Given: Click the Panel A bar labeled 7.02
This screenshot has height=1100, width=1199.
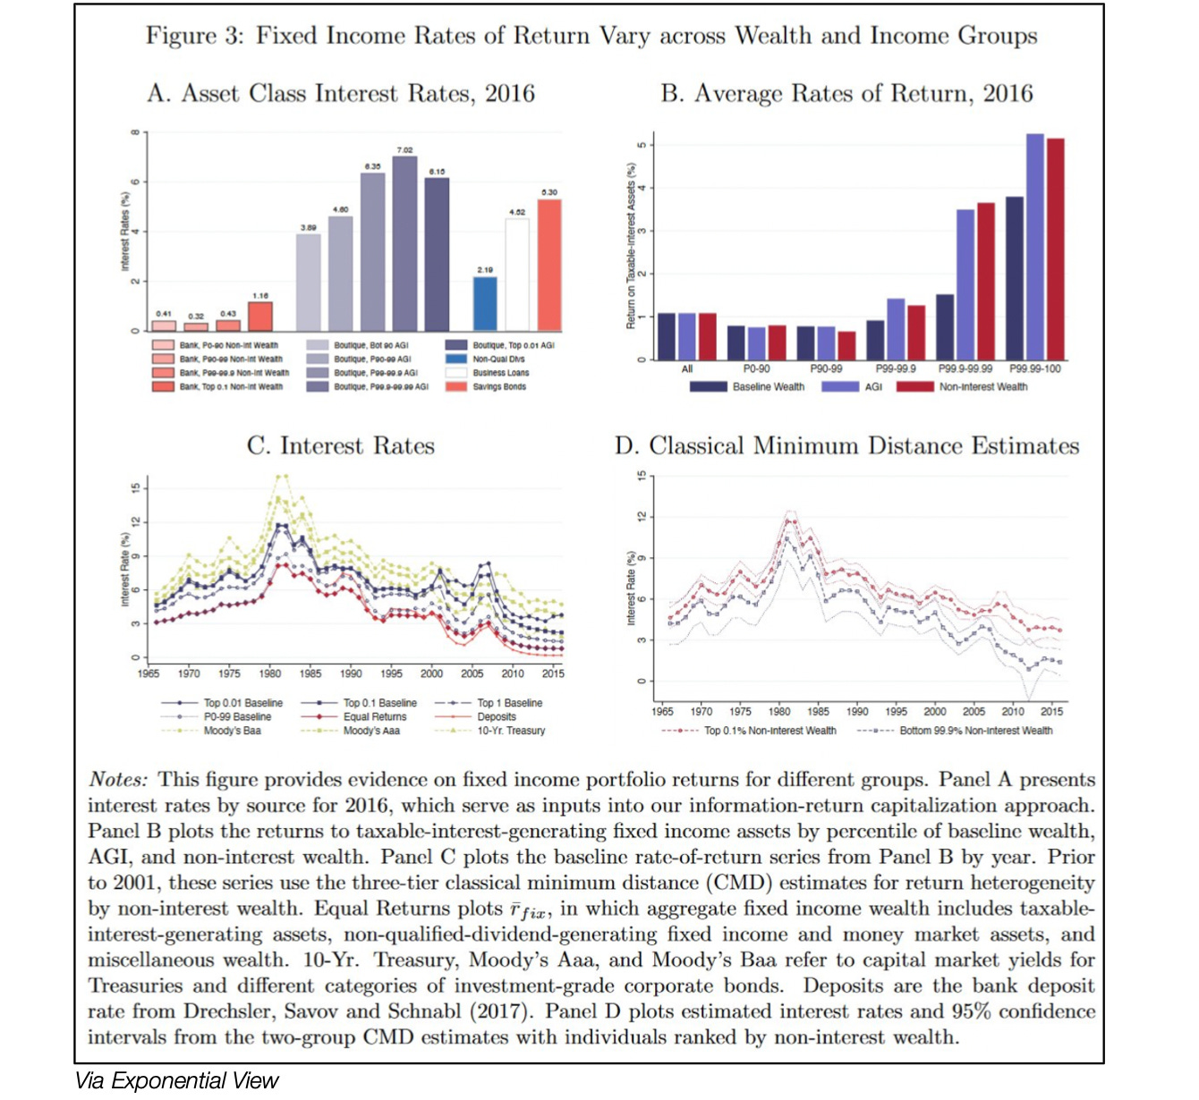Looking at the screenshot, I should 404,243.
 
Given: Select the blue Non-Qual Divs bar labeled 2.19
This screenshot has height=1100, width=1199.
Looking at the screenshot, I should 485,304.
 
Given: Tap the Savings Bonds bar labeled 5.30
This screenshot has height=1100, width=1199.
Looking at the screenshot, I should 549,265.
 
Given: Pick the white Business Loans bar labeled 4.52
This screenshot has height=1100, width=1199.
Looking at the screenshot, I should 517,275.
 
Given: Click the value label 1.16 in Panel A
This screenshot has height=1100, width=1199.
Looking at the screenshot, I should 260,295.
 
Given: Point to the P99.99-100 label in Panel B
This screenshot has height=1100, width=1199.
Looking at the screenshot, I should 1034,368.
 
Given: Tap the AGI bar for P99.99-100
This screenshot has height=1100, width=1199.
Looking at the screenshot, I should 1034,247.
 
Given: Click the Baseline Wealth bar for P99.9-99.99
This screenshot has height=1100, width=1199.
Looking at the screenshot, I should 945,326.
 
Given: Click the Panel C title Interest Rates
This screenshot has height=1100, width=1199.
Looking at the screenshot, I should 341,445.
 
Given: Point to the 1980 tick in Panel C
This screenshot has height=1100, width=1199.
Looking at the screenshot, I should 269,673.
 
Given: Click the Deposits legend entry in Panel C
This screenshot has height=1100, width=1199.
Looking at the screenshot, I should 496,716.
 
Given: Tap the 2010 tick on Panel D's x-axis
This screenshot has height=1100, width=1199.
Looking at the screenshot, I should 1013,712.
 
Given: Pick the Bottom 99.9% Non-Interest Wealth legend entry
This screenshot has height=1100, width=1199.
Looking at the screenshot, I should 975,731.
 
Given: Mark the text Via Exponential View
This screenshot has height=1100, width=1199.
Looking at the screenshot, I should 177,1081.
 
